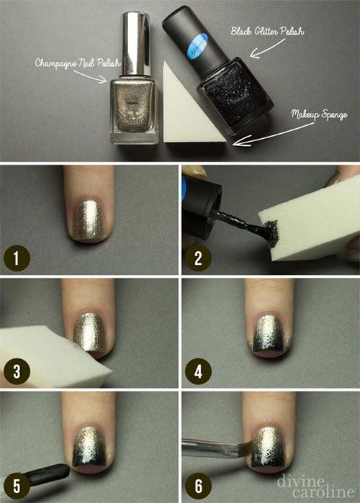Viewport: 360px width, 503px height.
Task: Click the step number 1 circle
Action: (x=17, y=258)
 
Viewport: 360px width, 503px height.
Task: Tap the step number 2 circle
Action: (x=198, y=258)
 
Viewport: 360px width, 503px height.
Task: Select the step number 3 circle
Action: (x=17, y=371)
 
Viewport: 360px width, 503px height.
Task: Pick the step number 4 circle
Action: (x=198, y=371)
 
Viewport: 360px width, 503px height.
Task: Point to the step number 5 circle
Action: (x=17, y=485)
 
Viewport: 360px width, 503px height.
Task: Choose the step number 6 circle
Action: (x=198, y=485)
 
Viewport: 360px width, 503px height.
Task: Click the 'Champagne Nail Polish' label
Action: (x=78, y=63)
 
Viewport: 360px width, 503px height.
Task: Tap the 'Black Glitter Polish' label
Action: (x=267, y=31)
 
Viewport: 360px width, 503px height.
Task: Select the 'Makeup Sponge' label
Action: (x=319, y=115)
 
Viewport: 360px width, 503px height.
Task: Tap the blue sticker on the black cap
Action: (x=198, y=45)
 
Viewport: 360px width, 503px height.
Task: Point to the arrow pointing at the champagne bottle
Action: (x=90, y=76)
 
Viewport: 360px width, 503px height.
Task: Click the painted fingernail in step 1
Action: (x=89, y=221)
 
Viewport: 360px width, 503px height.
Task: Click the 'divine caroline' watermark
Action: (x=316, y=486)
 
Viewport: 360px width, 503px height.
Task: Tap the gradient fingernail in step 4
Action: (x=270, y=335)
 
